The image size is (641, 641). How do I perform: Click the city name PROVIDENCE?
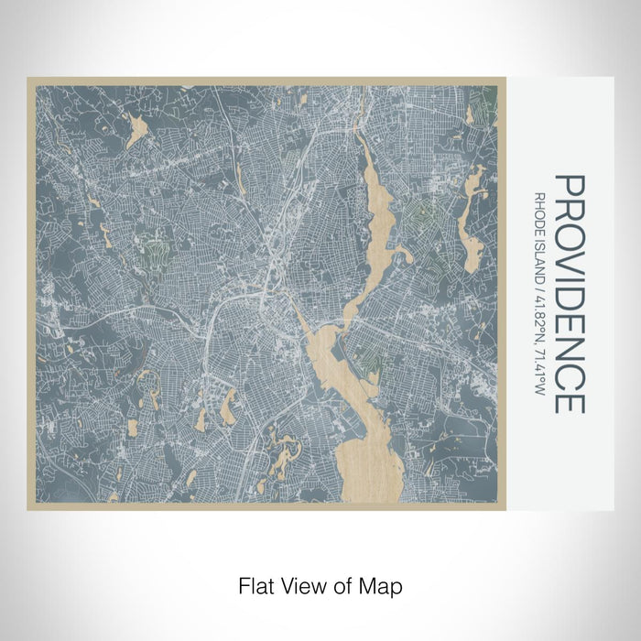[x=569, y=294]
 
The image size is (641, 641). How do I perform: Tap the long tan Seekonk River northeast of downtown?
[x=376, y=220]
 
